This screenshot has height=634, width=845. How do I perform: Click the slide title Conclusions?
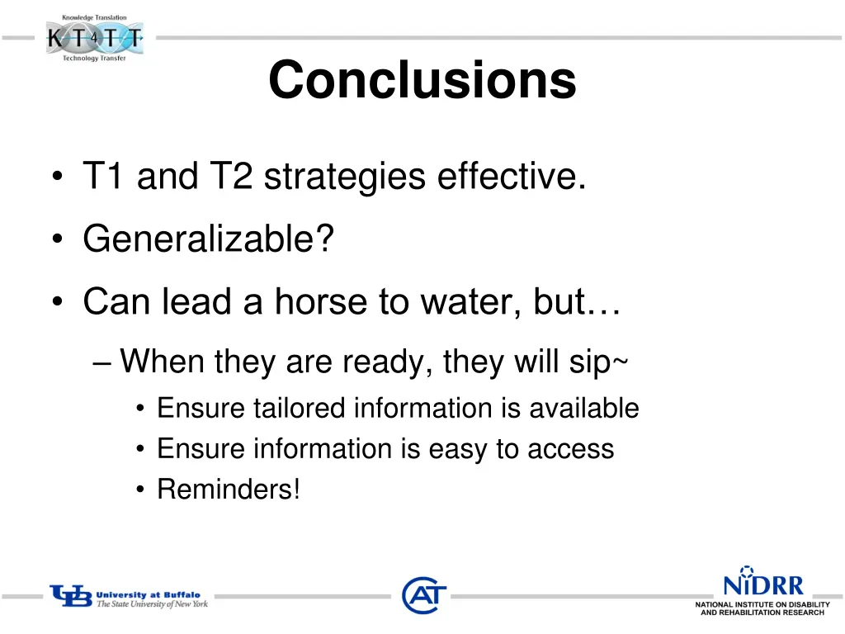click(x=422, y=81)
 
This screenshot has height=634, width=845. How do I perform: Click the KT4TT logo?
click(x=94, y=38)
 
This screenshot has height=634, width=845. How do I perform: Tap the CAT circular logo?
click(x=424, y=594)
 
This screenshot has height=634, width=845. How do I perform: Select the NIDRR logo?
click(x=762, y=589)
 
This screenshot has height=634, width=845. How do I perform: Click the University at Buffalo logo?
click(x=129, y=598)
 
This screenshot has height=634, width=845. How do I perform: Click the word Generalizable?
click(x=208, y=240)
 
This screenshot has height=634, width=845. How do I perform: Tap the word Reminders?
click(x=229, y=490)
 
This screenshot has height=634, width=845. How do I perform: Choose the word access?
click(x=571, y=449)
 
